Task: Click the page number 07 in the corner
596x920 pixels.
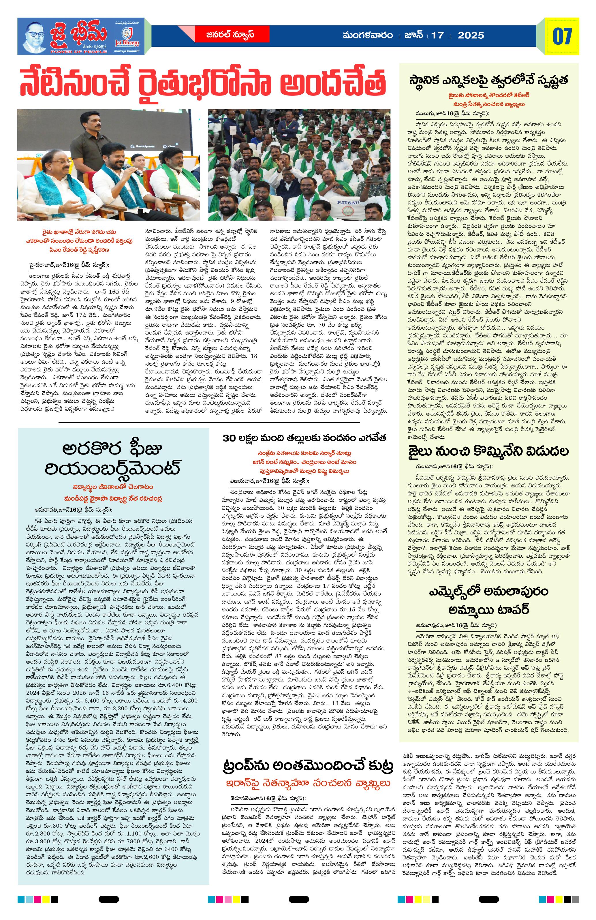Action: (x=562, y=36)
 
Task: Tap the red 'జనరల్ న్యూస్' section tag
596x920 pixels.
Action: (x=230, y=34)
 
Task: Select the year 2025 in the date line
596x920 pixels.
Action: (x=471, y=35)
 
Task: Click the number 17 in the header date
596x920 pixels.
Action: (x=438, y=35)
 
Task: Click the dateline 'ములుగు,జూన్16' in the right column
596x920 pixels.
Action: (x=436, y=114)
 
